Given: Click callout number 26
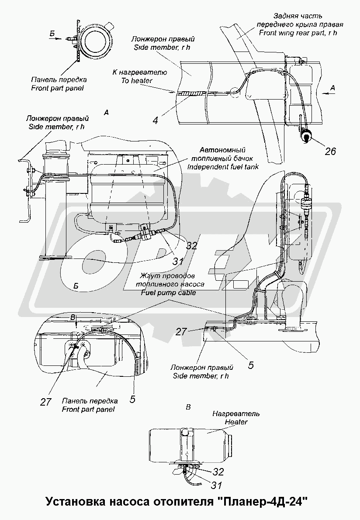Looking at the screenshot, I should click(x=330, y=151).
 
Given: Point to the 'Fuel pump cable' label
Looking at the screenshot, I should click(x=168, y=293).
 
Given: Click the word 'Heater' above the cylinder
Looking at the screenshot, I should click(x=236, y=422).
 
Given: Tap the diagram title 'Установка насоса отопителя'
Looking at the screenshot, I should click(x=125, y=502).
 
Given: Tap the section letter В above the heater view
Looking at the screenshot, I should click(x=188, y=407).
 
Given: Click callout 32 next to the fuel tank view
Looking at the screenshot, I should click(x=191, y=246).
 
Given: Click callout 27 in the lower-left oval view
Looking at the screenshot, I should click(x=45, y=402).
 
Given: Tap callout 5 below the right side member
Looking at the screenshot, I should click(x=250, y=365).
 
